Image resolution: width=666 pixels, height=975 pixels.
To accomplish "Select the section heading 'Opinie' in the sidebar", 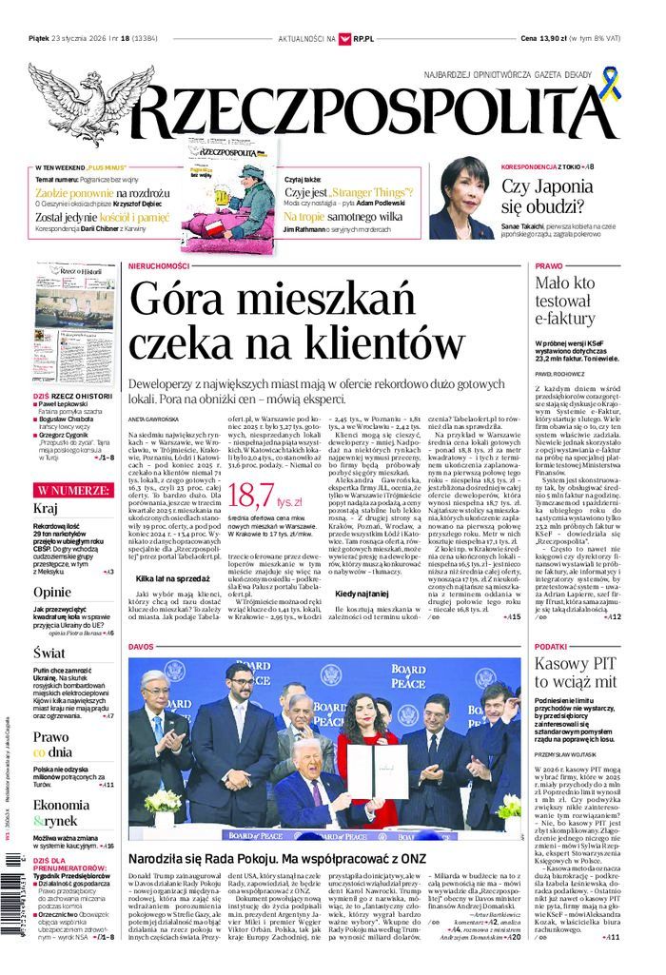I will tap(51, 592).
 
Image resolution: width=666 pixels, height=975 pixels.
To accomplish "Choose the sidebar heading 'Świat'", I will tap(49, 653).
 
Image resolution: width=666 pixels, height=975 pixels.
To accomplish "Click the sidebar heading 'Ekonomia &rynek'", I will tap(61, 813).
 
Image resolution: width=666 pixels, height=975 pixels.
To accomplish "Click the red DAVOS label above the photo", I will tap(141, 646).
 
